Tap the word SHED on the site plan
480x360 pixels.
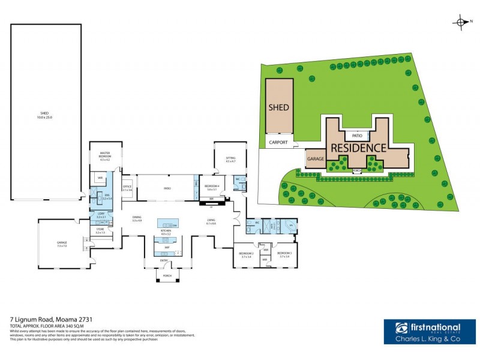point(278,107)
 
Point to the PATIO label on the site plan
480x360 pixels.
point(356,136)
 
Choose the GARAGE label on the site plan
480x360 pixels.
point(316,159)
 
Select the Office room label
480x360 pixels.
point(127,188)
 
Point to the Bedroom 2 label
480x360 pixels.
point(246,254)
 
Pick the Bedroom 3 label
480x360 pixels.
point(284,254)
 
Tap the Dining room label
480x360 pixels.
point(137,219)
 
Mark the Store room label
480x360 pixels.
point(100,230)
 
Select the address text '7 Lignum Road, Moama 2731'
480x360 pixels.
point(51,319)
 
